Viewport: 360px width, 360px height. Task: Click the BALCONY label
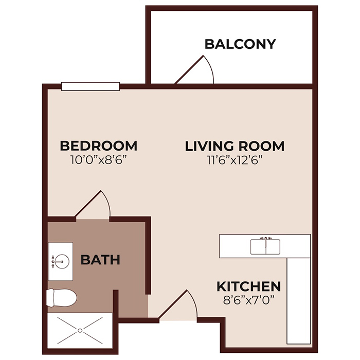[240, 44]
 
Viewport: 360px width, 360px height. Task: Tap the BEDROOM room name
[98, 146]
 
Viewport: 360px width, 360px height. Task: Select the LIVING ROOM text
[235, 146]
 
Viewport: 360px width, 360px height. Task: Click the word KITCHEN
[248, 286]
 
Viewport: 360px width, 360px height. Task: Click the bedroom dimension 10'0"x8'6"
[98, 159]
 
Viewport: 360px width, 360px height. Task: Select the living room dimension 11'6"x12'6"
[235, 160]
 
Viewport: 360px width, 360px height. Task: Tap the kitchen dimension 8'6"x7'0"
[248, 300]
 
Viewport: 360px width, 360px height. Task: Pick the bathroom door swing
[96, 205]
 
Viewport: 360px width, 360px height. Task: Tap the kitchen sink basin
[266, 247]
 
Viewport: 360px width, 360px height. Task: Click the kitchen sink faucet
[266, 238]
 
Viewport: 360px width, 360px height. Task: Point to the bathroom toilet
[65, 297]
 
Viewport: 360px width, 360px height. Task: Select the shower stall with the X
[80, 329]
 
